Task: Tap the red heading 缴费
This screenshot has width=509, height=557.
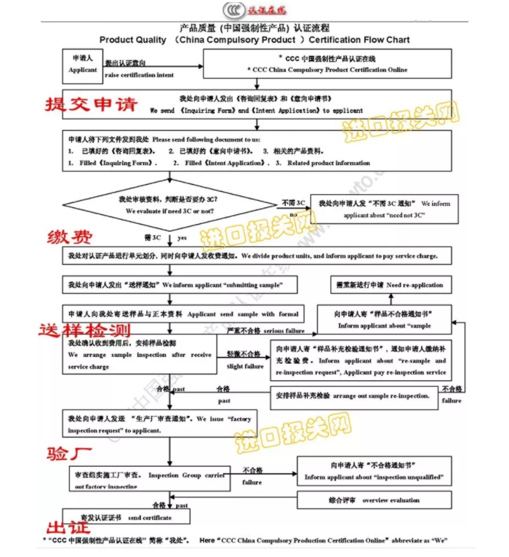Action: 70,236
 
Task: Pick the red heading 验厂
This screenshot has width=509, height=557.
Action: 70,456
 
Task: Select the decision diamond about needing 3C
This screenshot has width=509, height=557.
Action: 170,205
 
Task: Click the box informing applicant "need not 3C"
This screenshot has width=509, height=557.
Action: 384,209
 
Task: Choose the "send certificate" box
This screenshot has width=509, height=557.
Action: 127,517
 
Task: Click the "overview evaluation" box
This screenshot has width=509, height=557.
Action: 373,500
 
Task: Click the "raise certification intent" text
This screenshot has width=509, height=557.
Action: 139,75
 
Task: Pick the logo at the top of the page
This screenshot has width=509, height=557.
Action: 254,9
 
